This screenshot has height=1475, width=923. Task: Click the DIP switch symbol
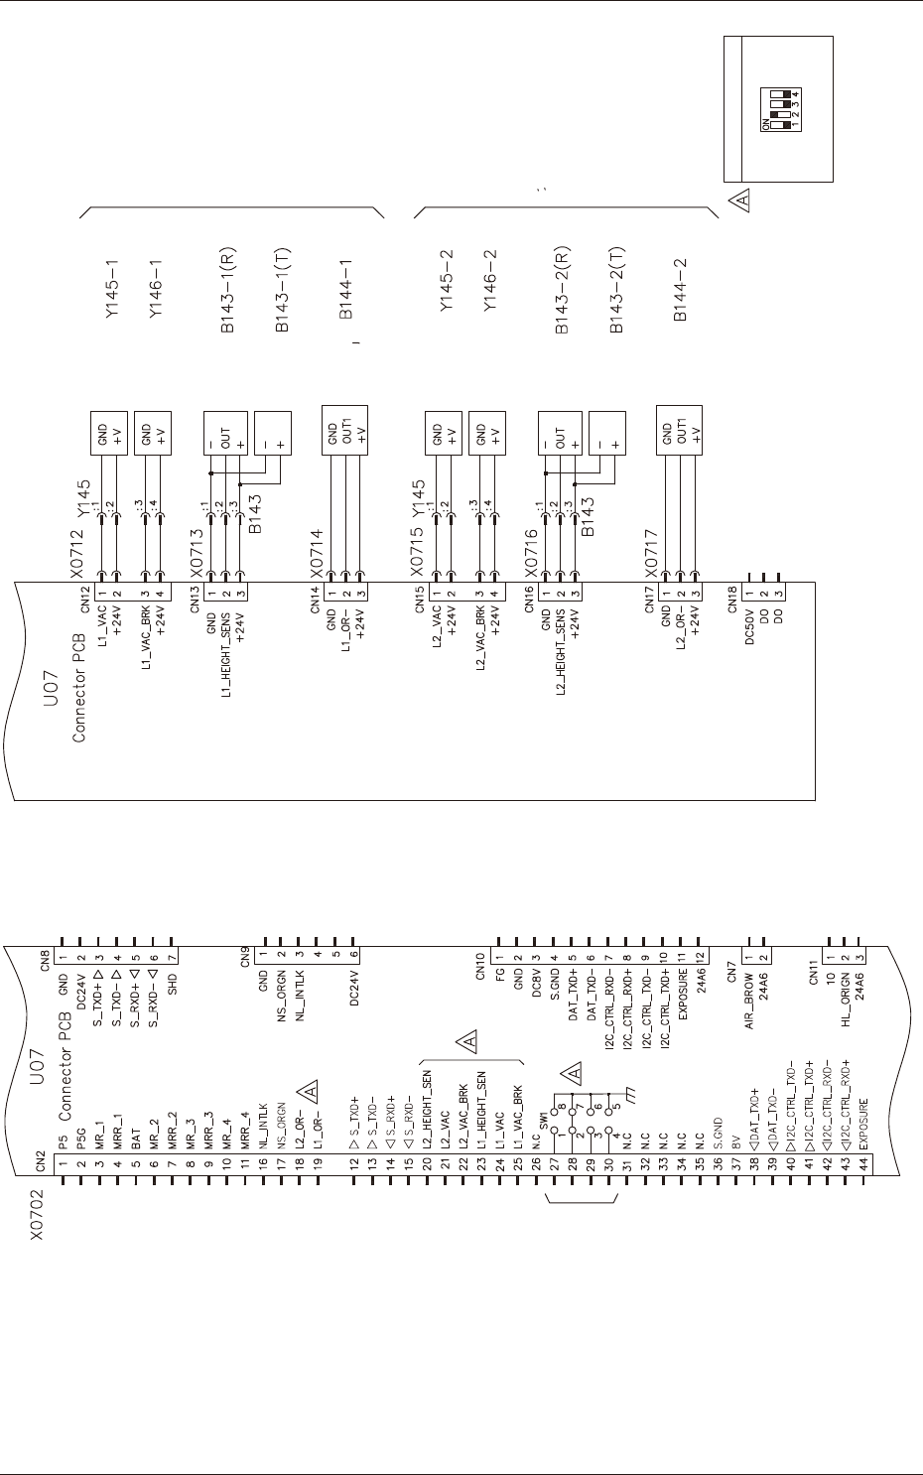tap(781, 109)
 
